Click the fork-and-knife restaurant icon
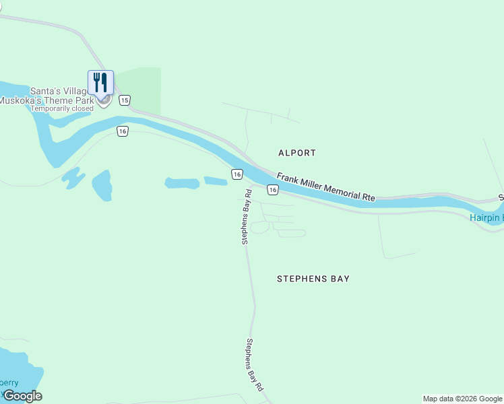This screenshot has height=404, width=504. [x=100, y=81]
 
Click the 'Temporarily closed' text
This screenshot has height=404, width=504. [x=62, y=108]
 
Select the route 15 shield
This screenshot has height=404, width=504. [x=124, y=100]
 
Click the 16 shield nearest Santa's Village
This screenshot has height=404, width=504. [x=121, y=131]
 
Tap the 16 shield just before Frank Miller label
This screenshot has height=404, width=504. [x=272, y=191]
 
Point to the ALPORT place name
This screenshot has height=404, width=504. [x=296, y=153]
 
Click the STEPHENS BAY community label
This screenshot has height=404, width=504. [x=313, y=278]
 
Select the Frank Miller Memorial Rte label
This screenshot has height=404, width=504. [x=325, y=187]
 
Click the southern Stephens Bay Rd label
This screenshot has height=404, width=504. [x=253, y=365]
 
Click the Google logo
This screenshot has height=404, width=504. [x=22, y=396]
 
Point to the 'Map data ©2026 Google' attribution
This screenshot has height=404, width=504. [x=462, y=399]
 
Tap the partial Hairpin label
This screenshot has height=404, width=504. [x=486, y=217]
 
